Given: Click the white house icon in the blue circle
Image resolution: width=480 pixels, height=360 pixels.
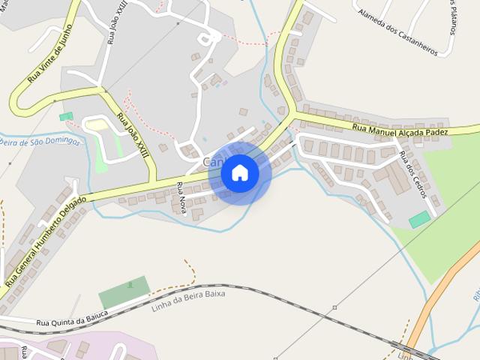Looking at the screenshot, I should pyautogui.click(x=240, y=173).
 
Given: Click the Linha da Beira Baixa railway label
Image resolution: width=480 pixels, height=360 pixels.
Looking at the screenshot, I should pyautogui.click(x=187, y=298).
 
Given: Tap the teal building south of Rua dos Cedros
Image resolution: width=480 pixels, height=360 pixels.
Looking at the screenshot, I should pyautogui.click(x=419, y=220).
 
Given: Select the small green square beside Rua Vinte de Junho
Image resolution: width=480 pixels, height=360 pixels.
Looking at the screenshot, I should pyautogui.click(x=66, y=116).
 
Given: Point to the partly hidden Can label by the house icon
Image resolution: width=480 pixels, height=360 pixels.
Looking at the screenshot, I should pyautogui.click(x=211, y=163).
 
